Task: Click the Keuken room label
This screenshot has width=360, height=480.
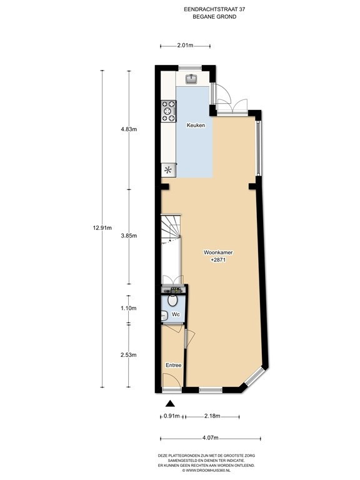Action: coord(196,125)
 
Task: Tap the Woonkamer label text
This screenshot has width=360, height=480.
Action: coord(218,252)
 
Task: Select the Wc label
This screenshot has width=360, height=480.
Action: coord(176,314)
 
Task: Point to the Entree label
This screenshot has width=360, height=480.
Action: coord(174,365)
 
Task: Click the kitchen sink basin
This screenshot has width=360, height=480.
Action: coord(192,79)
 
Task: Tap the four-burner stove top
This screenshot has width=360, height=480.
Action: coord(169,111)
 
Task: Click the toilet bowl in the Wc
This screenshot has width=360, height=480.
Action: coord(172,300)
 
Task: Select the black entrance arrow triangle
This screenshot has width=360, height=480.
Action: coord(170,404)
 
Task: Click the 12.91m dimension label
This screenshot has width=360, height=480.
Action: coord(102,227)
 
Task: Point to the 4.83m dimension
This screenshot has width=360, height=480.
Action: coord(129,129)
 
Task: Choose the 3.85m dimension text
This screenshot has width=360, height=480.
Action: coord(129,236)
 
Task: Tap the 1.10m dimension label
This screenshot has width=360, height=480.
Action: coord(129,308)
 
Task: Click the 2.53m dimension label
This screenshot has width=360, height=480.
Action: coord(129,355)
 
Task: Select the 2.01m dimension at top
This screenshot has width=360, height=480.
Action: coord(185,46)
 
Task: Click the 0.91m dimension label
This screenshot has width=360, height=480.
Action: coord(172,416)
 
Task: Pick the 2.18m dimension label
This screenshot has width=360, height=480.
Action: coord(212,416)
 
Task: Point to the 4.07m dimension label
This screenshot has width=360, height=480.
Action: coord(210,438)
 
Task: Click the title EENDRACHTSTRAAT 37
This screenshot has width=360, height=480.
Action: coord(214,9)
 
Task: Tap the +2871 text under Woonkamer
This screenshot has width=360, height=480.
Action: coord(218,260)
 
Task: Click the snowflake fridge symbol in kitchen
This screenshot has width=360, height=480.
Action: coord(168,170)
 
